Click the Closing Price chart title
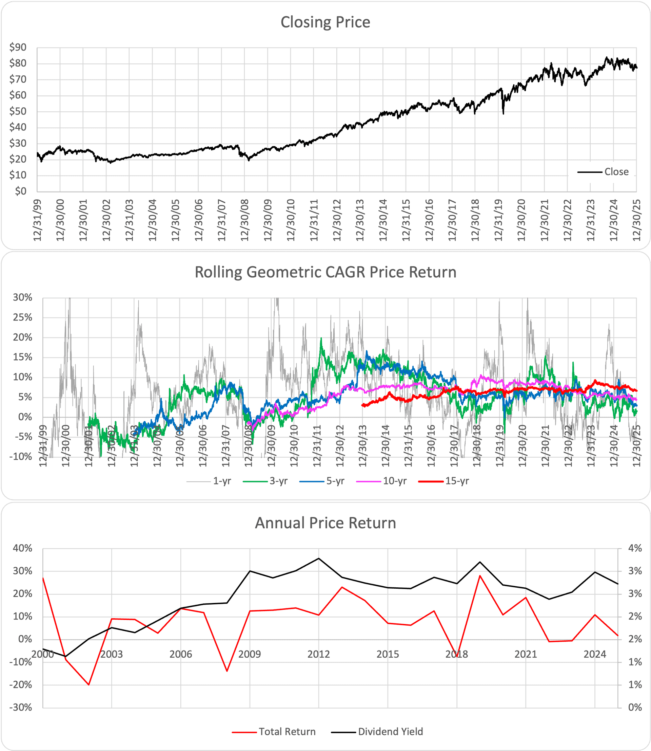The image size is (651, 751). pos(325,22)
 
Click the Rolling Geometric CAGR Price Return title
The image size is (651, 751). pos(325,272)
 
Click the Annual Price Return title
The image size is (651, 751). pos(325,523)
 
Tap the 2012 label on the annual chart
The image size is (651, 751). pos(319,655)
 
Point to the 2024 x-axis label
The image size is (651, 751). pos(595,655)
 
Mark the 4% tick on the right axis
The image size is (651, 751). pos(635,548)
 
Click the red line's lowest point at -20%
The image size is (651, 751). pos(88,685)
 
